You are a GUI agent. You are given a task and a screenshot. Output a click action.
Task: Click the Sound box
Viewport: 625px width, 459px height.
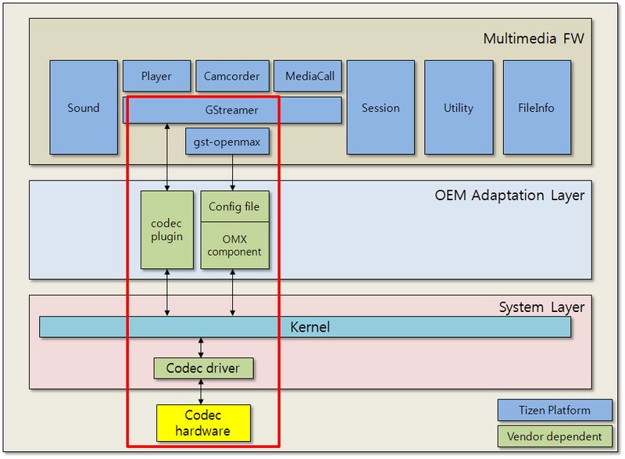click(84, 107)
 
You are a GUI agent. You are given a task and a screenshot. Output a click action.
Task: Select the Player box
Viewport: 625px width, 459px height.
click(156, 77)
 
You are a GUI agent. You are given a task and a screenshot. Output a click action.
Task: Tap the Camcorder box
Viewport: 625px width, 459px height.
click(232, 77)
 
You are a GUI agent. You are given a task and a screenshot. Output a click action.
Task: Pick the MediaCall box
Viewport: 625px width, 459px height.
click(309, 77)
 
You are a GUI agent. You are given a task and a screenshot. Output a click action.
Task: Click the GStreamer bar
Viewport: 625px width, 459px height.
click(232, 110)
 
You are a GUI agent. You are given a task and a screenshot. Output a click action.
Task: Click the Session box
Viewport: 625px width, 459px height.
click(380, 107)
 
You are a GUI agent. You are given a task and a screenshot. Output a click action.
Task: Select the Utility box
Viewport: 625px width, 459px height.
click(459, 107)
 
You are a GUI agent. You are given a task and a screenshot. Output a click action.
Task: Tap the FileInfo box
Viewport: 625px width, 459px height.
click(537, 107)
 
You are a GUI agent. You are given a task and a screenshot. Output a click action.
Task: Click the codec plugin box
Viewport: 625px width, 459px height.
click(166, 230)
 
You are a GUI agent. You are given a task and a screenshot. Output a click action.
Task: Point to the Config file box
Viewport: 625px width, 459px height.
click(234, 207)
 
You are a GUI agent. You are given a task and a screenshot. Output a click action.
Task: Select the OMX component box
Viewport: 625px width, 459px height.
click(234, 246)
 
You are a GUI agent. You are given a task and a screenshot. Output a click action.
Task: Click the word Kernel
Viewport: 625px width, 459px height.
click(309, 327)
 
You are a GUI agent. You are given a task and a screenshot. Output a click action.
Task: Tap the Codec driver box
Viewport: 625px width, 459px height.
click(203, 368)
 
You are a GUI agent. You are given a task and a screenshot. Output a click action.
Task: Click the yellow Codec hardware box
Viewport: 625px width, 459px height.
click(203, 423)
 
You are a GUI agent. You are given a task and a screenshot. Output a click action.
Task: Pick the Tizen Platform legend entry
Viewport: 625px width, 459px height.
click(555, 411)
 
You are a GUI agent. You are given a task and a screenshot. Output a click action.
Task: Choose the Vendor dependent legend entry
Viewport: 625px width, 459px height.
click(555, 436)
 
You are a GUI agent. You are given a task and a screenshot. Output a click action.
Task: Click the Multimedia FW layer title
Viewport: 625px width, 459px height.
click(533, 38)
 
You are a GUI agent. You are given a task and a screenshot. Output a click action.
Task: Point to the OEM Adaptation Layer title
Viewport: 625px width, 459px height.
click(509, 195)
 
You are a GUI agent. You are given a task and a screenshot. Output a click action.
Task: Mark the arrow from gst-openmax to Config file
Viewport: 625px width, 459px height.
click(232, 172)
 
